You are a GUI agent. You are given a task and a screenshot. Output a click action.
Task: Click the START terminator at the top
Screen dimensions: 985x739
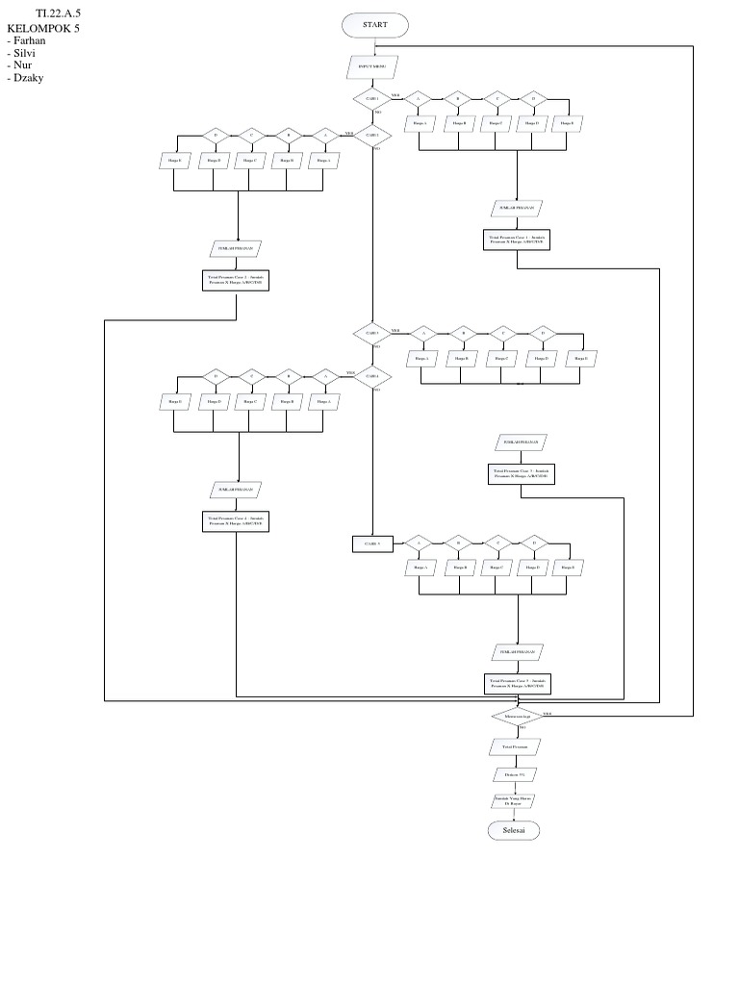tap(374, 24)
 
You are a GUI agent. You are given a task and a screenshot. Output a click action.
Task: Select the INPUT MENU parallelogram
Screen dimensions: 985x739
tap(372, 65)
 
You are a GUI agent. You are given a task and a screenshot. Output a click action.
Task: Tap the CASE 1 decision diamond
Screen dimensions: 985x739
tap(371, 99)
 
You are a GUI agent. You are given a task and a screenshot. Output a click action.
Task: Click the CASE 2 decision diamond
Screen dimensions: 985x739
tap(371, 136)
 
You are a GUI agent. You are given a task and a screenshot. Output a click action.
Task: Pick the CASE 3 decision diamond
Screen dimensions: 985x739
tap(371, 333)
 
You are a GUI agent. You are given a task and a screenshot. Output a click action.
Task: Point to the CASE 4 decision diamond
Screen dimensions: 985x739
tap(371, 376)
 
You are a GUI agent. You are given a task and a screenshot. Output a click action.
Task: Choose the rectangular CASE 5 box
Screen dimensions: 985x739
tap(372, 544)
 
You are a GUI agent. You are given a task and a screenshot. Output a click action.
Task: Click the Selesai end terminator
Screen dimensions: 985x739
tap(515, 830)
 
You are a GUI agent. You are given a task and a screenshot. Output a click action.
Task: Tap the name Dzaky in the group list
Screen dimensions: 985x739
tap(28, 78)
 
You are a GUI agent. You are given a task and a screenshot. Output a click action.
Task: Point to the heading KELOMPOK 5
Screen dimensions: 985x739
tap(42, 28)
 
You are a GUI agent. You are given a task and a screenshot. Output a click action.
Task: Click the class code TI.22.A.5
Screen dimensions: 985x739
tap(58, 14)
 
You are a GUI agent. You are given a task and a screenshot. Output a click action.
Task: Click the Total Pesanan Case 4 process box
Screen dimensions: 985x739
tap(237, 521)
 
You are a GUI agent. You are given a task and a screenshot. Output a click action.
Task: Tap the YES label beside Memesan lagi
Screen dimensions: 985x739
tap(547, 713)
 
